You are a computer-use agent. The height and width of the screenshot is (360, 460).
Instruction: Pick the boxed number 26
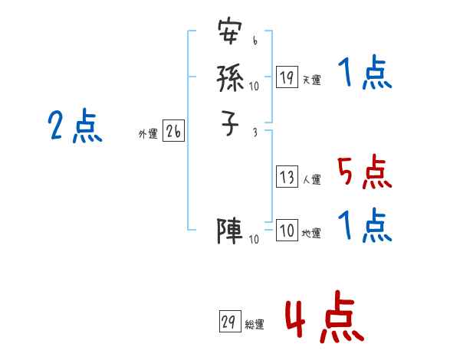[173, 132]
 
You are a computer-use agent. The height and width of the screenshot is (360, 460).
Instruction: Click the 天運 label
[311, 80]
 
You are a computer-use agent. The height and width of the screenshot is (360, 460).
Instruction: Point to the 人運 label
[311, 181]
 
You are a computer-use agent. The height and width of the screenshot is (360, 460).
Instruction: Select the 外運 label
[147, 134]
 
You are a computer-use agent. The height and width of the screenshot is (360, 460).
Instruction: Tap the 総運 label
[254, 325]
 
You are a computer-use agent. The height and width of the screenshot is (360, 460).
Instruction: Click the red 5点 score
[364, 173]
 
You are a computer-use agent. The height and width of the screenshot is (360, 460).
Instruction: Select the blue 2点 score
[75, 126]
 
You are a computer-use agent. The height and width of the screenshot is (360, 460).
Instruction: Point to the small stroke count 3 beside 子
[254, 132]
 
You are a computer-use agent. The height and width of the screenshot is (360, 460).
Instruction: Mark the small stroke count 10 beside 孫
[254, 87]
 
